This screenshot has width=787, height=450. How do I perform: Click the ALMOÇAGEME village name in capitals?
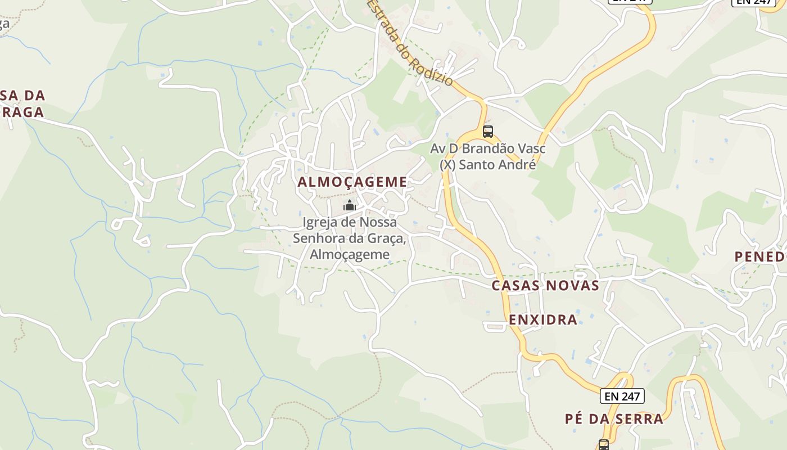(352, 182)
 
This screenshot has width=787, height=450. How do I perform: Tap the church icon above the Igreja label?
(350, 206)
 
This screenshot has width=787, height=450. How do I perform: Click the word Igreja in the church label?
(321, 222)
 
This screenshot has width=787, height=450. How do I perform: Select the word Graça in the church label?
(387, 238)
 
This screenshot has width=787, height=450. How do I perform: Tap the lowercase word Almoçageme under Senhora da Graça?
(350, 254)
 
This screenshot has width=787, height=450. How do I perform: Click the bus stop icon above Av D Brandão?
(488, 132)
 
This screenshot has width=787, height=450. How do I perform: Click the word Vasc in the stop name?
(532, 149)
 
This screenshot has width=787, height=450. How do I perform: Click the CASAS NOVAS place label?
(545, 286)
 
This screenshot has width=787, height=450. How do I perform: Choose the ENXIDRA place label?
(543, 320)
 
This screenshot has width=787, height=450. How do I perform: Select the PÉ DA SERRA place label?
(614, 419)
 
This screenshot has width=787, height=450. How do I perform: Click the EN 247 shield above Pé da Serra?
(622, 396)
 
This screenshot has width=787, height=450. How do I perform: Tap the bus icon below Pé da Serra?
(604, 445)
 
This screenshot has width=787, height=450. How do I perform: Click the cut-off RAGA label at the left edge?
(22, 112)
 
